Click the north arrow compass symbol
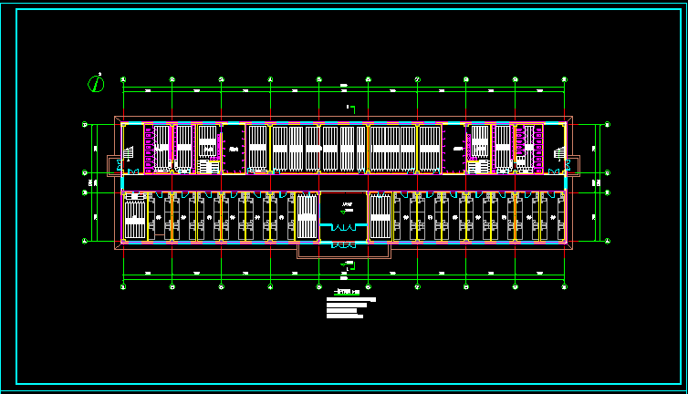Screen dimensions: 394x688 [96, 83]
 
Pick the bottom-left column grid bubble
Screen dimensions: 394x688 [123, 286]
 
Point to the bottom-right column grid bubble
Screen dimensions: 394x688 [564, 286]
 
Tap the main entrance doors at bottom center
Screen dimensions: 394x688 [343, 245]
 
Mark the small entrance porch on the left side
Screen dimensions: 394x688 [113, 165]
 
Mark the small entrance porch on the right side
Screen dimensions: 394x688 [574, 165]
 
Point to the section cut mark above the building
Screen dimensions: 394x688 [349, 109]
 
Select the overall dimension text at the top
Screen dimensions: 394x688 [344, 86]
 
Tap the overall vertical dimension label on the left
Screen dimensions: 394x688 [89, 182]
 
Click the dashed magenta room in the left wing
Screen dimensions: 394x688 [234, 149]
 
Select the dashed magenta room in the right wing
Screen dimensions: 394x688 [453, 149]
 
